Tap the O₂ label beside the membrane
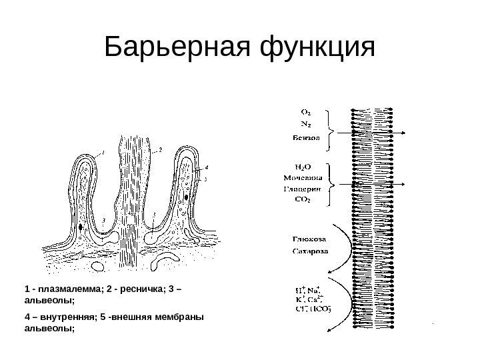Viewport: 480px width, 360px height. pyautogui.click(x=307, y=112)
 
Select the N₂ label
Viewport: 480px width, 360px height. pyautogui.click(x=307, y=124)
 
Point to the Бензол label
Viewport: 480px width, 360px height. pyautogui.click(x=307, y=138)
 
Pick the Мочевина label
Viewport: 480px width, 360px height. pyautogui.click(x=304, y=178)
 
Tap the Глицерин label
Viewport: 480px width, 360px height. pyautogui.click(x=305, y=189)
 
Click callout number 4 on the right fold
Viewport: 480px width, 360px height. pyautogui.click(x=207, y=168)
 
